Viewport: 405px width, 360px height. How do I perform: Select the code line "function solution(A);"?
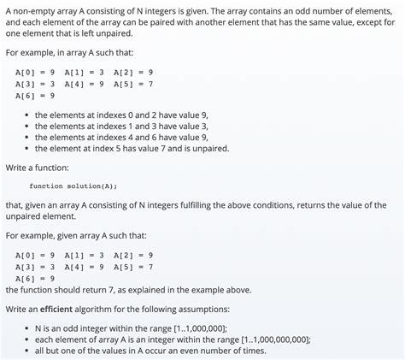[73, 186]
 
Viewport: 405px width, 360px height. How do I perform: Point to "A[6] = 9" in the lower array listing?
[35, 278]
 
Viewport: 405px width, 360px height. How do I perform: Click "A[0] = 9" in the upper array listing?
[35, 72]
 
